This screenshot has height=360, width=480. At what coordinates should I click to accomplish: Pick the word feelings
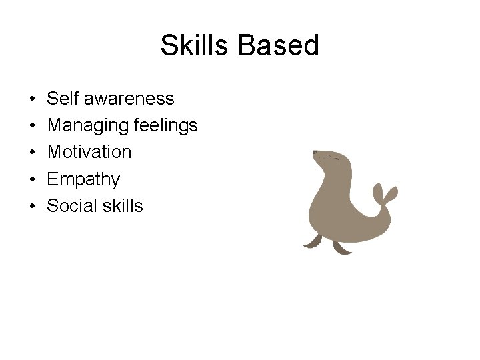(x=167, y=125)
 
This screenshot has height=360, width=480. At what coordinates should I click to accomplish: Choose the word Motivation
(x=89, y=152)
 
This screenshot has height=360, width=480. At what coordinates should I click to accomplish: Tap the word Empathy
(x=83, y=179)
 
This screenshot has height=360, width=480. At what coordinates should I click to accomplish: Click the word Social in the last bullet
(x=71, y=206)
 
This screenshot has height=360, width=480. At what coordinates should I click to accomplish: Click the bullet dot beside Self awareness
(x=33, y=99)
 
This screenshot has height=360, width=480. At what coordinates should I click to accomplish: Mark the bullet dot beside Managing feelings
(x=33, y=126)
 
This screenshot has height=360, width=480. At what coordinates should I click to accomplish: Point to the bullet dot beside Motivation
(x=33, y=153)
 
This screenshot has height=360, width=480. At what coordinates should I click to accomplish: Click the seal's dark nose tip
(x=314, y=153)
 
